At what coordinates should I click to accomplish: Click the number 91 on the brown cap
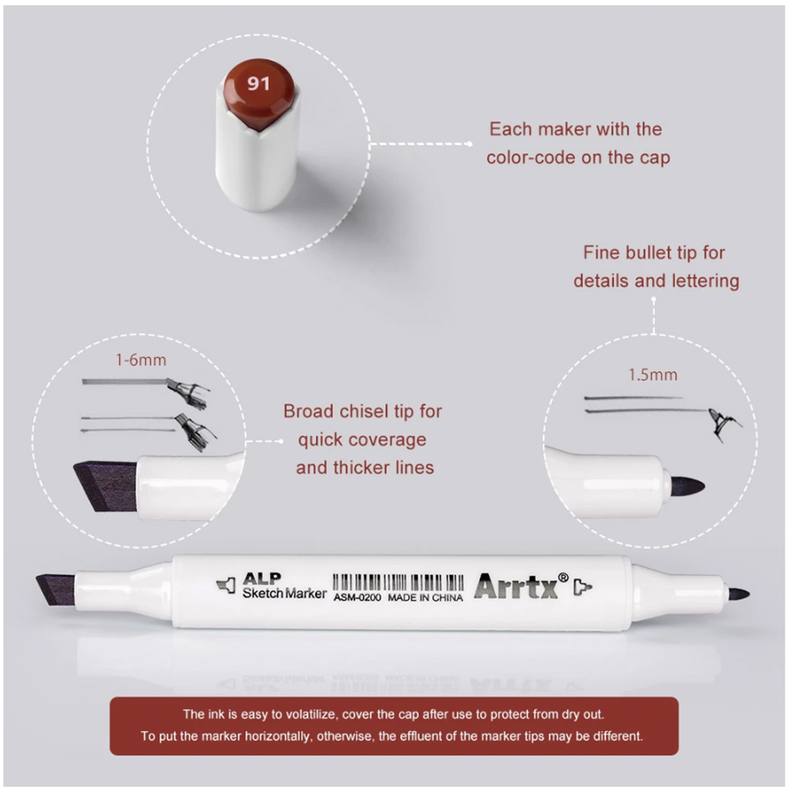[258, 83]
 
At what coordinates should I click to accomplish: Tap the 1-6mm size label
[141, 360]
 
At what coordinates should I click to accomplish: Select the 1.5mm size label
[653, 375]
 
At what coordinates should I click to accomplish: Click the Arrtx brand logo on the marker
[516, 586]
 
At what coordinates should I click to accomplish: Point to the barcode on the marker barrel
[398, 583]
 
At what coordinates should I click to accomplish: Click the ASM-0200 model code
[357, 598]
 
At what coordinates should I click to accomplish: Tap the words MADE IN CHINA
[425, 598]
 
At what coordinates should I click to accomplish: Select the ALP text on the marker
[262, 579]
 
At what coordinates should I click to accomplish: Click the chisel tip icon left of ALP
[226, 586]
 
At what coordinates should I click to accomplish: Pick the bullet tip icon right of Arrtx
[583, 588]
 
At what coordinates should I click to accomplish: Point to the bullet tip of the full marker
[739, 594]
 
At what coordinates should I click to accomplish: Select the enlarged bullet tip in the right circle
[687, 487]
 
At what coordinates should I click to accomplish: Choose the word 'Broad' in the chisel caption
[308, 411]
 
